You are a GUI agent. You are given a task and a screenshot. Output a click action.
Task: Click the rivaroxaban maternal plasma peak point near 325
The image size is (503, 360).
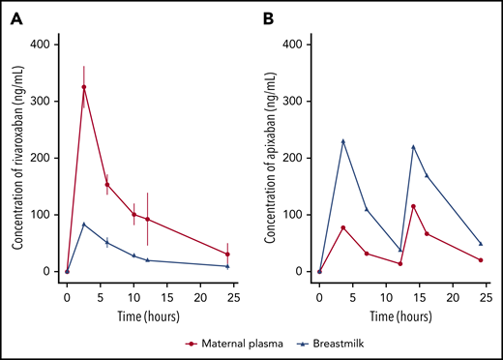pos(84,87)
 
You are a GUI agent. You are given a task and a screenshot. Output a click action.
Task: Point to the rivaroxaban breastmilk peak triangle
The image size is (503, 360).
pos(84,225)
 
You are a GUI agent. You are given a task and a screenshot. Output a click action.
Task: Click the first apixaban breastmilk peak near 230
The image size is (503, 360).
pos(343,141)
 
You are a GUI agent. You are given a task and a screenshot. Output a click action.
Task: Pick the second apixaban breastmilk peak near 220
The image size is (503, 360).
pos(414,147)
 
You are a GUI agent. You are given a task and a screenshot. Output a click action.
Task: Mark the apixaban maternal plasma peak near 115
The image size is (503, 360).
pos(414,206)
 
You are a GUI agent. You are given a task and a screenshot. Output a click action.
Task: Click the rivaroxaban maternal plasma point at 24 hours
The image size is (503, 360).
pos(227,255)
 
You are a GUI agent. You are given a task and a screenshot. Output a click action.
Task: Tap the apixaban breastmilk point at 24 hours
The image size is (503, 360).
pos(481,244)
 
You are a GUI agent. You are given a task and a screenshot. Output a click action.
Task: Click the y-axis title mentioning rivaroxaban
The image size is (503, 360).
pos(17,157)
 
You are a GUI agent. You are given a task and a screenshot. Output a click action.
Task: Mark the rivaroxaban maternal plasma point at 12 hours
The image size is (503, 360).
pos(147,219)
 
